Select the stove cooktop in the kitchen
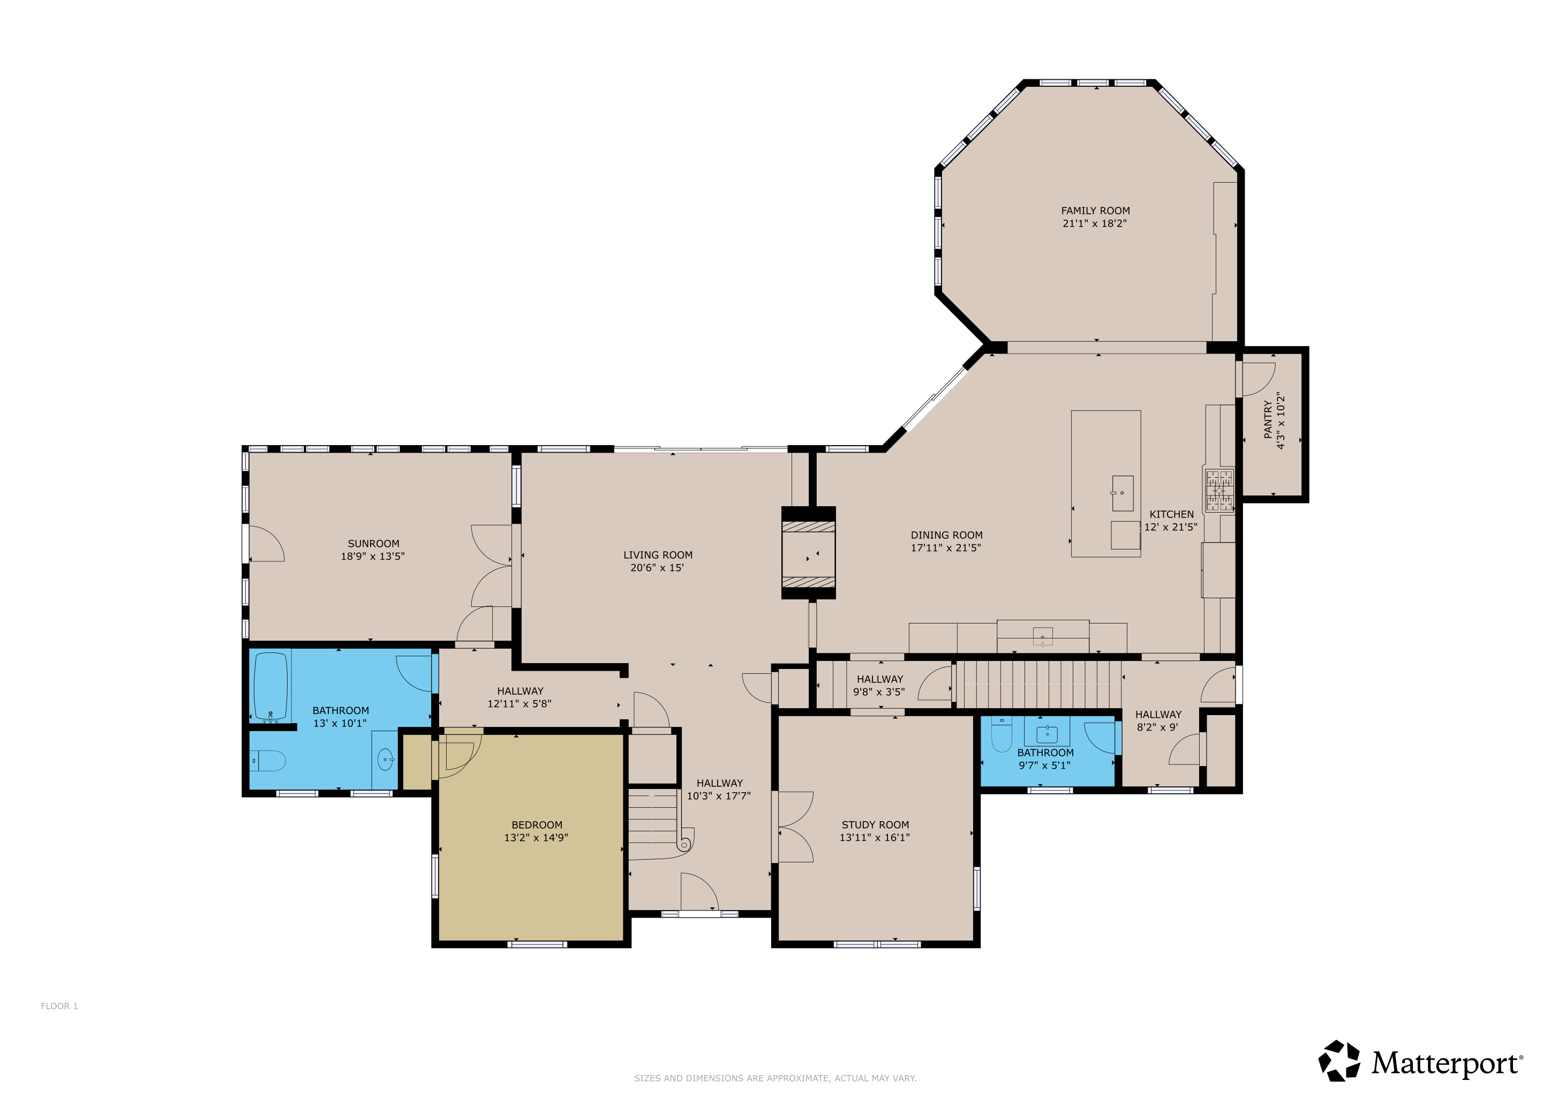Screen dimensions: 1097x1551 [x=1219, y=490]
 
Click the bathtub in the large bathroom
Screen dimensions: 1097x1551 [x=271, y=686]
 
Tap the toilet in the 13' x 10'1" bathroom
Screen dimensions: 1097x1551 [x=269, y=761]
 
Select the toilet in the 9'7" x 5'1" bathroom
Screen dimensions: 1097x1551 [x=1001, y=734]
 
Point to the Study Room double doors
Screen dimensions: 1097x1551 [x=794, y=827]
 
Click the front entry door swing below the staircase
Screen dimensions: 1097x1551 [x=698, y=892]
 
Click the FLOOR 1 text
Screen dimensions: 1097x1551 [x=59, y=1006]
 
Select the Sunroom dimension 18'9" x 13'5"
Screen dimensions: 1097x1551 [x=372, y=557]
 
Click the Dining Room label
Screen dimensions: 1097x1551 [x=946, y=535]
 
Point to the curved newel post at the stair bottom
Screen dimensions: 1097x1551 [x=684, y=844]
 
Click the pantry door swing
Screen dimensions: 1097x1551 [x=1258, y=378]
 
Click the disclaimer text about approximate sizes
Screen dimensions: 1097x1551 [x=775, y=1078]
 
